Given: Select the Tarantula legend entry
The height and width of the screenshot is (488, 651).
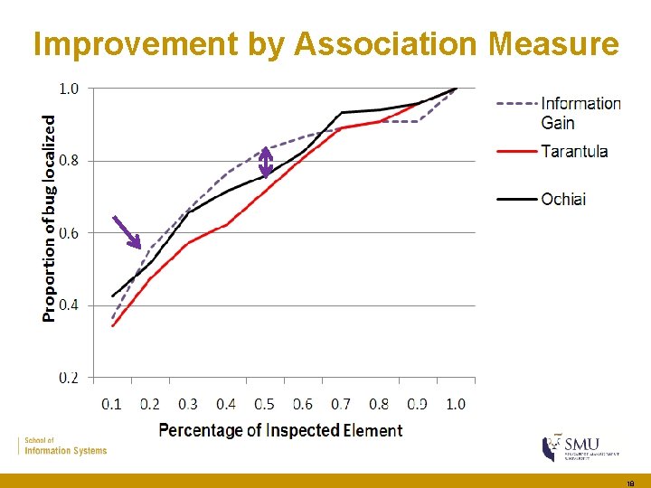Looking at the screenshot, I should point(574,151).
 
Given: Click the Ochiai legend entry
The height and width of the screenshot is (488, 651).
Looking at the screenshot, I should point(562,198).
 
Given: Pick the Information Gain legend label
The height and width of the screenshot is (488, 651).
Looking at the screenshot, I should point(580,113).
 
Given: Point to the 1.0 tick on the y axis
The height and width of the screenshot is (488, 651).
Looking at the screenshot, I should point(69,89).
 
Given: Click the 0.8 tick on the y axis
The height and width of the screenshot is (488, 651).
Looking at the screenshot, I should point(69,161).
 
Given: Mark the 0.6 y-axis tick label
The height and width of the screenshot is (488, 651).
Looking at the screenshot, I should point(69,233).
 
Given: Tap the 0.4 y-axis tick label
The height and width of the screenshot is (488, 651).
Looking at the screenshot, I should point(69,305).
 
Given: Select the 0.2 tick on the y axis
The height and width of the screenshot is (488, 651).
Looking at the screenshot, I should point(69,378).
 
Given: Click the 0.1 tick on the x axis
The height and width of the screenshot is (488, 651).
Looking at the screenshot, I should point(111,404).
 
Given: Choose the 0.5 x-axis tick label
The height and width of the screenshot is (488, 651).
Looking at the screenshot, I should point(264,404).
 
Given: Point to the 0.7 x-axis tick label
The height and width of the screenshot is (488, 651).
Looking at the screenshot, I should point(341,404).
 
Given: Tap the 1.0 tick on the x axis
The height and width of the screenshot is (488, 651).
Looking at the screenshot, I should point(456,404).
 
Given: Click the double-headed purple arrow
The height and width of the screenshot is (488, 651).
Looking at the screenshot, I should point(266,162).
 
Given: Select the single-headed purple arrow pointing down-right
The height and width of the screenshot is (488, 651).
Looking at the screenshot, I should point(127,231).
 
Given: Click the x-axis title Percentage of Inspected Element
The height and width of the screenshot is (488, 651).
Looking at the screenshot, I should point(280,430).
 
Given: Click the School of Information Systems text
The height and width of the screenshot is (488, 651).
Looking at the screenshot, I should point(65,446).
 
